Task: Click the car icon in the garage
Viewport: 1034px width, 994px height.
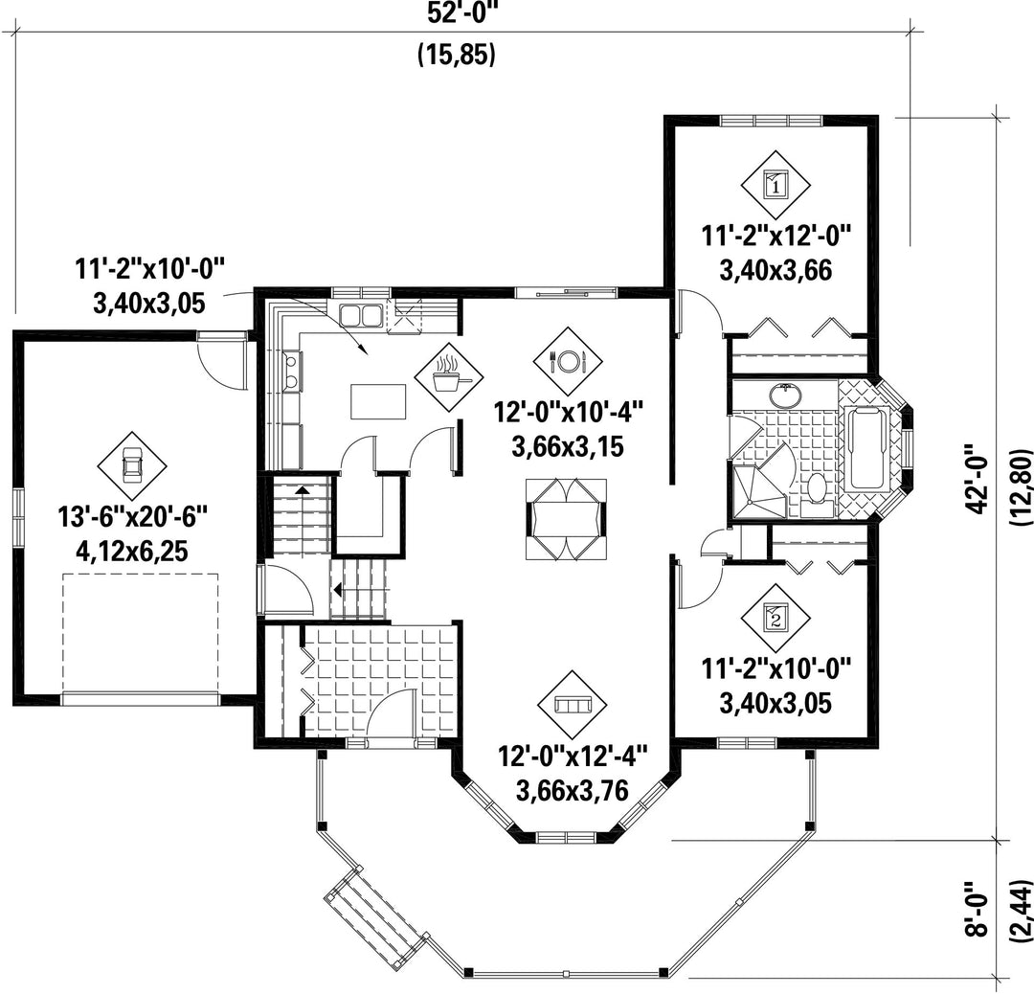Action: (132, 465)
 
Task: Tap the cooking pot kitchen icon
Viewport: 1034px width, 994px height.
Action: (448, 376)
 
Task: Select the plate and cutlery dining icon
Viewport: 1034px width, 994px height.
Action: (568, 360)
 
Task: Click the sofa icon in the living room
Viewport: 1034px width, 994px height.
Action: (572, 705)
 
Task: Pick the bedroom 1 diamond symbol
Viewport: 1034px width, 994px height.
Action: (775, 185)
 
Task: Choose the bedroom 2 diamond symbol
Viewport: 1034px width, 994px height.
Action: (775, 620)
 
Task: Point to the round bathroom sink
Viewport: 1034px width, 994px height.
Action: (785, 395)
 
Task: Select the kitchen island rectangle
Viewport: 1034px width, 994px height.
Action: (378, 401)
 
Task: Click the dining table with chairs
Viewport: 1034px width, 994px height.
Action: (566, 519)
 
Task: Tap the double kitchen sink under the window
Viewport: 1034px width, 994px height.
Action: (360, 315)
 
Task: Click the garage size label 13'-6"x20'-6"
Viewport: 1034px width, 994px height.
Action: (132, 515)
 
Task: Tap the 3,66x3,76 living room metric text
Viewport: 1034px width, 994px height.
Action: (572, 789)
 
